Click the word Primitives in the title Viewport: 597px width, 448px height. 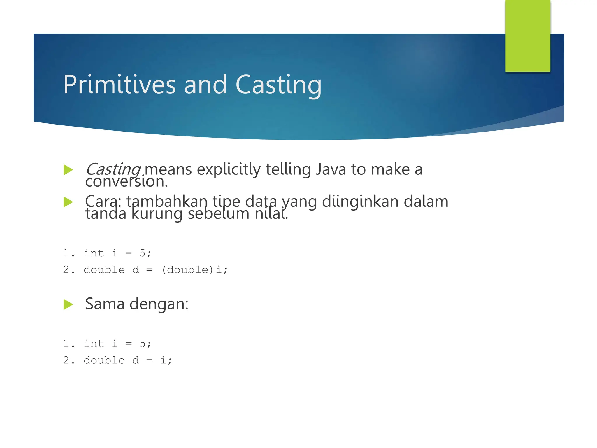(120, 85)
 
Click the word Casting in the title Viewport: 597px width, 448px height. (278, 85)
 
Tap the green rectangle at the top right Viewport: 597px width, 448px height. (528, 36)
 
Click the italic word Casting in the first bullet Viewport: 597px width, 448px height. (113, 169)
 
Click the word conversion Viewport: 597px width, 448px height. (126, 182)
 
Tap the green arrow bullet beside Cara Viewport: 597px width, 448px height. (68, 202)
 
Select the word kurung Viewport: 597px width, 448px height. (157, 214)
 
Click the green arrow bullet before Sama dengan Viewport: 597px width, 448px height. (68, 304)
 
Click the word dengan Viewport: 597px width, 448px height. (159, 304)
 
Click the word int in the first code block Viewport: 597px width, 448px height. (94, 253)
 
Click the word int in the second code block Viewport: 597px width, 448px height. (94, 344)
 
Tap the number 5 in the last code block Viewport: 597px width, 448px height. (142, 344)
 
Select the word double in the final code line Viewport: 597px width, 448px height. (104, 360)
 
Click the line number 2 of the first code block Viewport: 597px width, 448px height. (66, 270)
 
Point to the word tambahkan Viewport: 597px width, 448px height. (167, 201)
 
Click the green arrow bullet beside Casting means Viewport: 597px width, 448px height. (68, 170)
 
